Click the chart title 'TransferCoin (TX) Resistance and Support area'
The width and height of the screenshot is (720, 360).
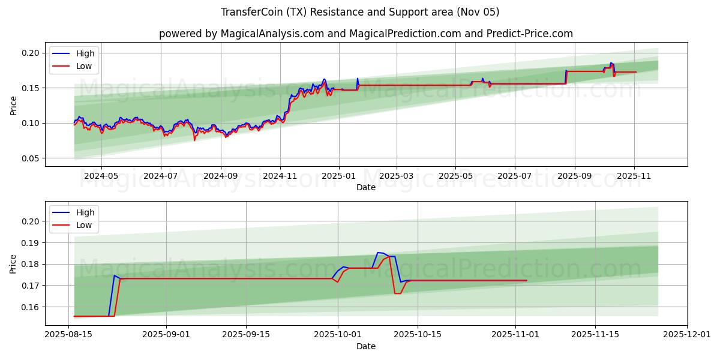[360, 12]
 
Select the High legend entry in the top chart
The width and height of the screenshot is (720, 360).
[85, 53]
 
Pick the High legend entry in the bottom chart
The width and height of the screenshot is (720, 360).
[85, 212]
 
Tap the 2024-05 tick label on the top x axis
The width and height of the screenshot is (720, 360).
[101, 176]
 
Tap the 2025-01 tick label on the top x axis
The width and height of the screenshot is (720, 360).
[339, 176]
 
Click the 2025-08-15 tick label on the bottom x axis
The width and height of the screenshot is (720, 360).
[69, 335]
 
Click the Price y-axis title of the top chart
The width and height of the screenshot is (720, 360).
[13, 105]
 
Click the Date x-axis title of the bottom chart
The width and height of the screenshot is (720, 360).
[366, 346]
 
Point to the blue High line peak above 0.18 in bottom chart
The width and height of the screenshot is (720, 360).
[379, 253]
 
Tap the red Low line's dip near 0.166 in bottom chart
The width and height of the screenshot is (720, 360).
[397, 293]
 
